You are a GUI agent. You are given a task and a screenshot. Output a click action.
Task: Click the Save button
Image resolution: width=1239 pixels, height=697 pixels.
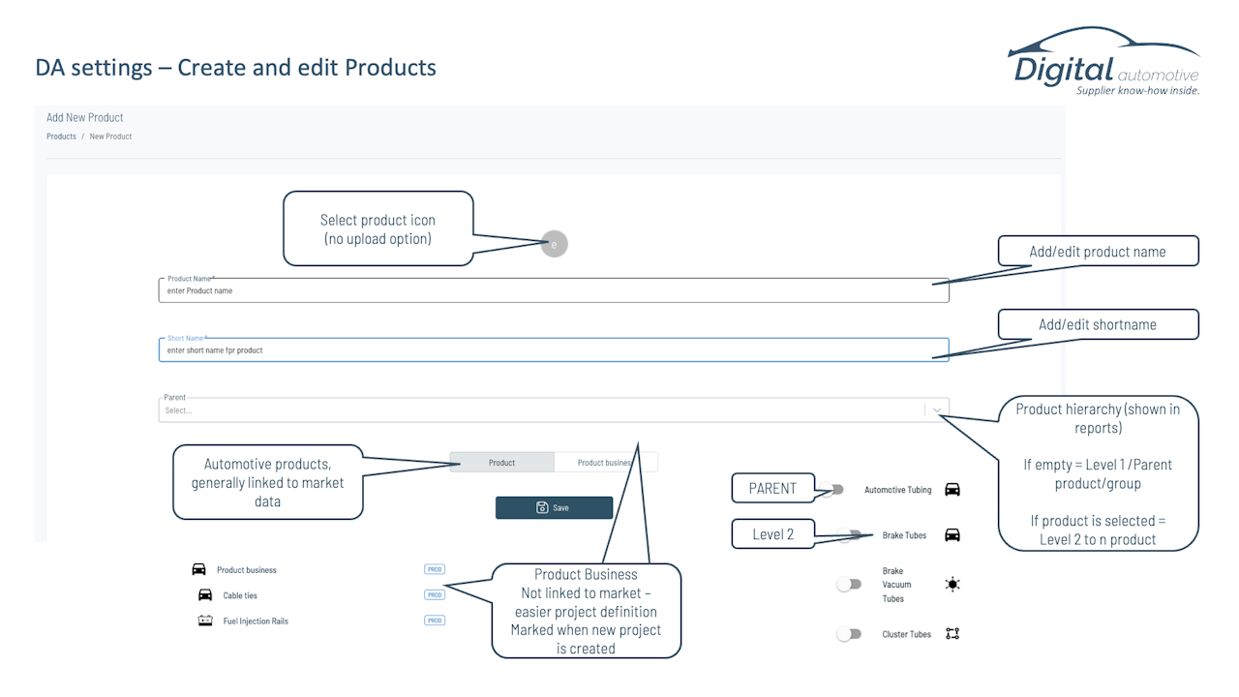pyautogui.click(x=554, y=507)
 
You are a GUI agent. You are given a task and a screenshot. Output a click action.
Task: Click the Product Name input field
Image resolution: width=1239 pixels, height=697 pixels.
pyautogui.click(x=554, y=290)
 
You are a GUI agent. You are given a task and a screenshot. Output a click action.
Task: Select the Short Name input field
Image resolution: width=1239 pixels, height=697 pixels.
pyautogui.click(x=554, y=349)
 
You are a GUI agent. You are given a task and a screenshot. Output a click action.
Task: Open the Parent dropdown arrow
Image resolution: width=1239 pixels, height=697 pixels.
pyautogui.click(x=937, y=409)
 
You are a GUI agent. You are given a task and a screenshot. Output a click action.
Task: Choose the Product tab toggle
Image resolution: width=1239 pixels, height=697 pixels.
pyautogui.click(x=501, y=463)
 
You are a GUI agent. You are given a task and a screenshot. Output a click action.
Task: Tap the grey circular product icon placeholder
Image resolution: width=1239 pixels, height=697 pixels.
pyautogui.click(x=555, y=244)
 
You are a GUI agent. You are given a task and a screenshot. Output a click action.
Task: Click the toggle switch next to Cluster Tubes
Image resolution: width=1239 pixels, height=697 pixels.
pyautogui.click(x=849, y=633)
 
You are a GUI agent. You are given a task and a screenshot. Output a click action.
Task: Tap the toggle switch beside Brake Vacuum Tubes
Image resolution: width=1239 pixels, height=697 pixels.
pyautogui.click(x=849, y=584)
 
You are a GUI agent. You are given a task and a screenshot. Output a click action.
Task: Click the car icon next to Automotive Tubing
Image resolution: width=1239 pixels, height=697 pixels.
pyautogui.click(x=952, y=490)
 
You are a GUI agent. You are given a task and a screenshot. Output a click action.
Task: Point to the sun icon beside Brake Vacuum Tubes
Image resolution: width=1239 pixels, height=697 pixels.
pyautogui.click(x=952, y=584)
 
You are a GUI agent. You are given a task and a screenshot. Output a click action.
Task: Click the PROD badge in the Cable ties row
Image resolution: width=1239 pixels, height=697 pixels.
pyautogui.click(x=435, y=594)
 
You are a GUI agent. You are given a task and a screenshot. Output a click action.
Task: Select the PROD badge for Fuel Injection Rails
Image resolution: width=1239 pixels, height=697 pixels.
pyautogui.click(x=435, y=621)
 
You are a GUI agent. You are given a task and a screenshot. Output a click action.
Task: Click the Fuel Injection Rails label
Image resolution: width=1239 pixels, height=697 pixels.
pyautogui.click(x=256, y=621)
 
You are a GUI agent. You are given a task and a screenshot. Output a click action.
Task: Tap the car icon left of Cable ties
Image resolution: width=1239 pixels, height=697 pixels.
pyautogui.click(x=205, y=594)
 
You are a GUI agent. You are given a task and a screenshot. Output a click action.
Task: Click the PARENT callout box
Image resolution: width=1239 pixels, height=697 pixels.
pyautogui.click(x=772, y=488)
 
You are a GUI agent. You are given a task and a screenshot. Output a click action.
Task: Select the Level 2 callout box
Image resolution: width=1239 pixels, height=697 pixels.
pyautogui.click(x=772, y=533)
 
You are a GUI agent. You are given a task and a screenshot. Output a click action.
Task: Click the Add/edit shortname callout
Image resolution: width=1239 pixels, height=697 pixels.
pyautogui.click(x=1098, y=324)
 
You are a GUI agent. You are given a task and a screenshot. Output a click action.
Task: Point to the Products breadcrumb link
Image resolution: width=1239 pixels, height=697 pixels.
pyautogui.click(x=61, y=136)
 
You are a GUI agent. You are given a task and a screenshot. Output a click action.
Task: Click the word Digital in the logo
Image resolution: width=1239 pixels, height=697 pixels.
pyautogui.click(x=1064, y=71)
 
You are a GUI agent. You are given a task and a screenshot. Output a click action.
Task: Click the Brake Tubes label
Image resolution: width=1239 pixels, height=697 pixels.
pyautogui.click(x=904, y=535)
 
